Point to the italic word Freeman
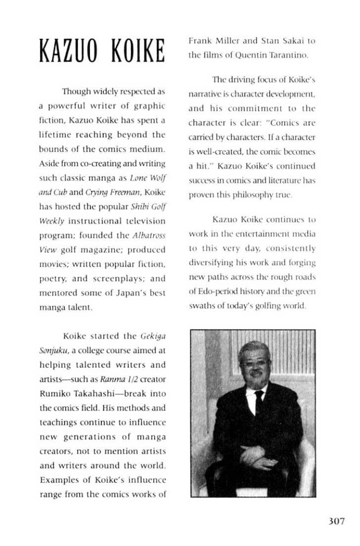(x=123, y=192)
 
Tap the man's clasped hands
(x=257, y=455)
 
